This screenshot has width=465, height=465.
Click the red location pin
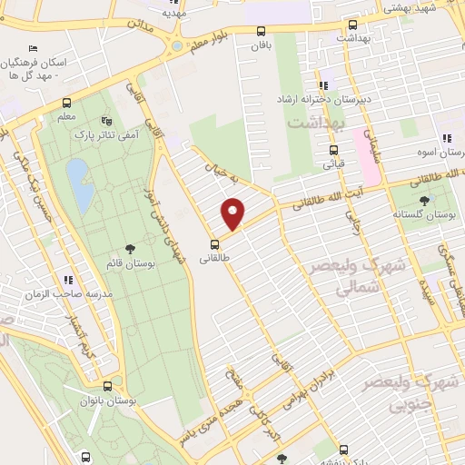233,214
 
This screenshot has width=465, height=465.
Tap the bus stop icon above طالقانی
215,243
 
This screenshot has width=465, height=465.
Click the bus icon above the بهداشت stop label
352,25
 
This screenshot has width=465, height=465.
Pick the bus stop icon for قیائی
333,151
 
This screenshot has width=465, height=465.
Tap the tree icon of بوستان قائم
131,248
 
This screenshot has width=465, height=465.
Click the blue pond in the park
80,183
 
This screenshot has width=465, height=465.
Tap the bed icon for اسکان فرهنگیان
34,47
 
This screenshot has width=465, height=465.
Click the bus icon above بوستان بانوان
107,386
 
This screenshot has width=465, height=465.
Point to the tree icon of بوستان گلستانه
423,201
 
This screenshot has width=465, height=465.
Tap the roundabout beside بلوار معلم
175,45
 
